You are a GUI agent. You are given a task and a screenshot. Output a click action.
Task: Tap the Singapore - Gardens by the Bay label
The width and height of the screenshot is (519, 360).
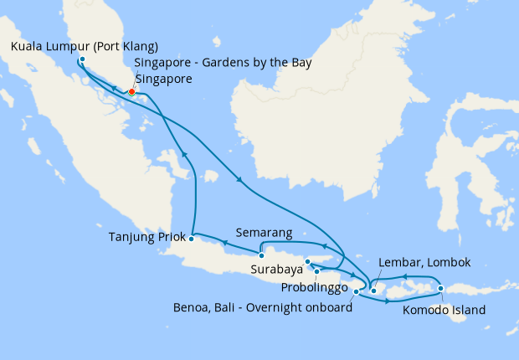224,64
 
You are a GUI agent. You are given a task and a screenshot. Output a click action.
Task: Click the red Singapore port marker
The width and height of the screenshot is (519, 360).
131,91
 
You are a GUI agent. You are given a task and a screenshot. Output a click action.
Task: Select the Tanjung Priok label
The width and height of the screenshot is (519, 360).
145,237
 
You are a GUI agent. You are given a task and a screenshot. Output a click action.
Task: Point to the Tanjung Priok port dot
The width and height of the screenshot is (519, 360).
192,238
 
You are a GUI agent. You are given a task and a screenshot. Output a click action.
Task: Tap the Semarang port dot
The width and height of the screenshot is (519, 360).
261,255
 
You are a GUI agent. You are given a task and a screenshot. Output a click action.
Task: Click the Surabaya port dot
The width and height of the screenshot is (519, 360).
308,262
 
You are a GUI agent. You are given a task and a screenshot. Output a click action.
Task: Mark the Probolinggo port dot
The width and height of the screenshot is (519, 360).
317,271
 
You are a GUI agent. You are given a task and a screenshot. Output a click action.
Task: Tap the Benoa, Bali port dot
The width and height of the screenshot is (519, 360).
357,292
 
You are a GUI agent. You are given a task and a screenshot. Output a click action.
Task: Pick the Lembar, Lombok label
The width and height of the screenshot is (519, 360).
424,263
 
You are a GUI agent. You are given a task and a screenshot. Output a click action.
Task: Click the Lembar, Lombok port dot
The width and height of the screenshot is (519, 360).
373,291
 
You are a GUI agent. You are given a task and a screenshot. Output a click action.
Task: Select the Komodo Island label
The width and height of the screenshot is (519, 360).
444,310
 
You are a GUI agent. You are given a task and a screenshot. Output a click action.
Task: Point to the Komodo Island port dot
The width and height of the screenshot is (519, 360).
440,290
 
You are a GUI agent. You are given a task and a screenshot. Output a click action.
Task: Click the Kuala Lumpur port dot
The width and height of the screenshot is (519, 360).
81,60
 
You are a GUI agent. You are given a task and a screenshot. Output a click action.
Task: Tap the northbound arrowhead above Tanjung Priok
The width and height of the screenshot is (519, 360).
183,153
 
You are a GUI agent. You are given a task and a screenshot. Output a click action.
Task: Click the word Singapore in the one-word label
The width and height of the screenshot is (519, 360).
163,80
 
